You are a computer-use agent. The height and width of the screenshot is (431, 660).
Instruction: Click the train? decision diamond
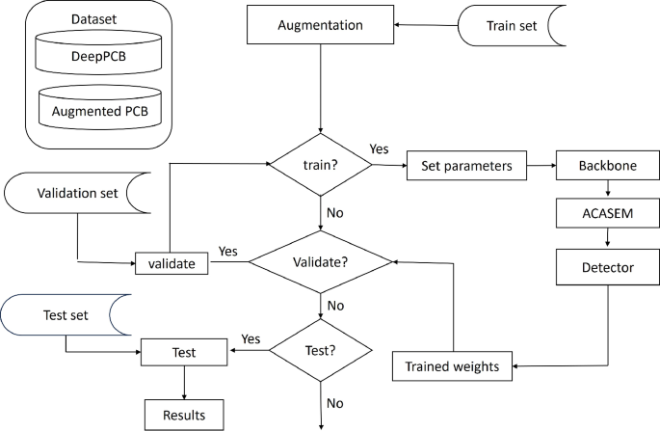(x=319, y=165)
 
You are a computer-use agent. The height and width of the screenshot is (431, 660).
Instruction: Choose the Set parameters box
(x=464, y=165)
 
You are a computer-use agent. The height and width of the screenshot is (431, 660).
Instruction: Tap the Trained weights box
(x=453, y=366)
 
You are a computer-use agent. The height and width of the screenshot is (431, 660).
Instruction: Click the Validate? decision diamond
(x=319, y=261)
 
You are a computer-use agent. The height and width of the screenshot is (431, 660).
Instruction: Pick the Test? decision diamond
(x=319, y=353)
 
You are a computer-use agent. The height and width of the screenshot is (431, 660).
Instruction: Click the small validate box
(x=171, y=262)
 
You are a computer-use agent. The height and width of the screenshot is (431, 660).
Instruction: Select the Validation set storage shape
(x=77, y=193)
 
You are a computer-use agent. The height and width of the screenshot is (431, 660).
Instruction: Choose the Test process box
(x=182, y=353)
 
